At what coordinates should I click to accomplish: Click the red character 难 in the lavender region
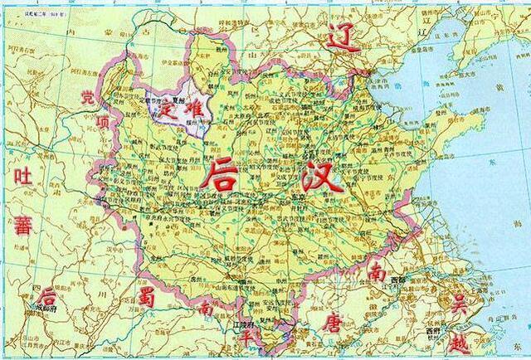193,109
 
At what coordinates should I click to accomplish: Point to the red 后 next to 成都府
48,295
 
